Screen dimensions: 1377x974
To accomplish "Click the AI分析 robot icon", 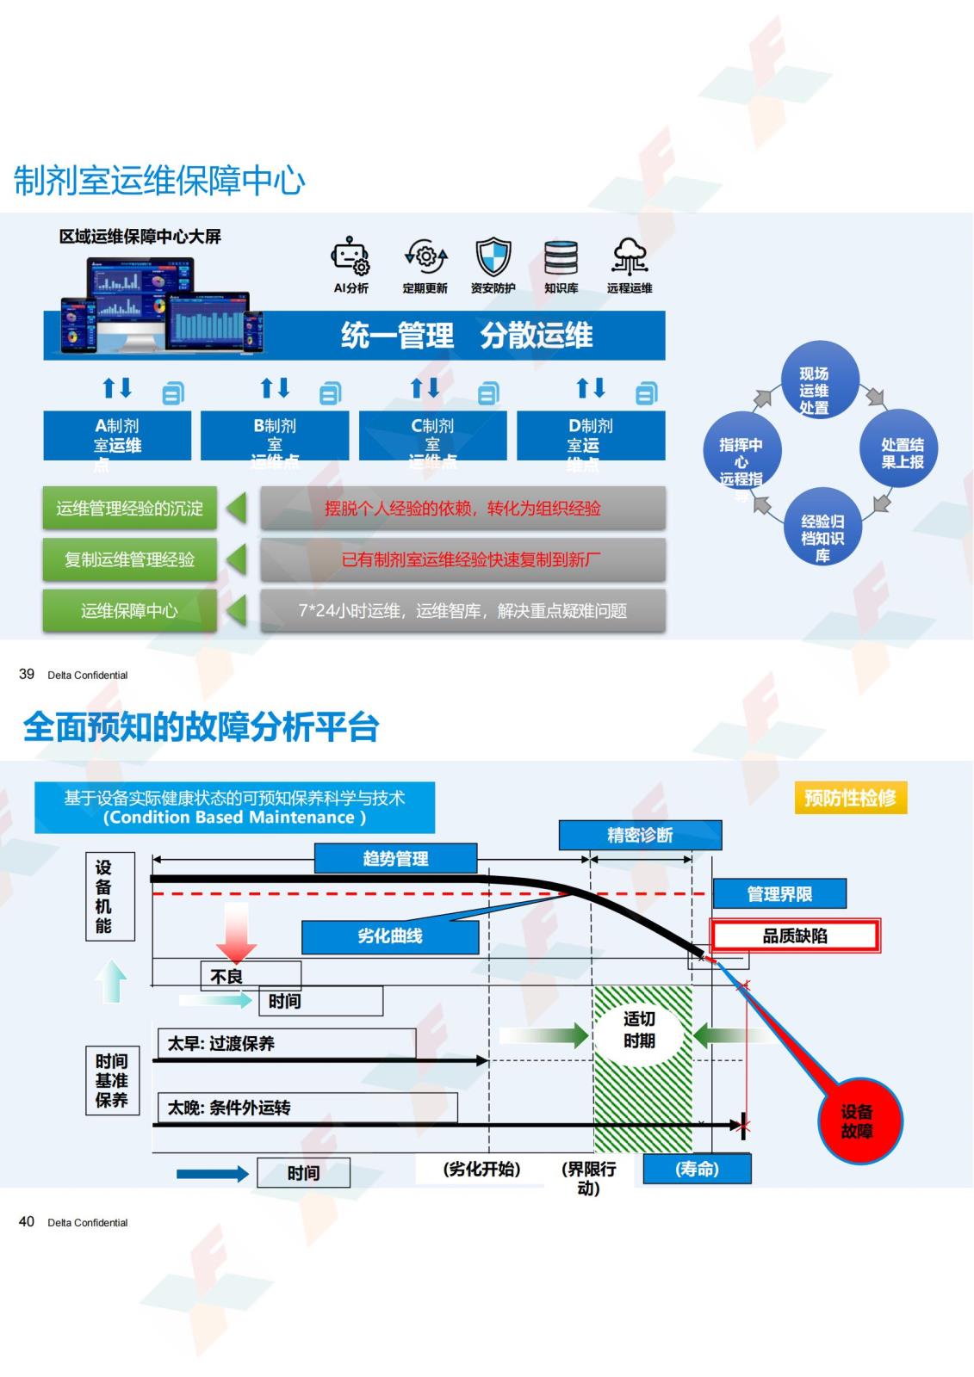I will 351,256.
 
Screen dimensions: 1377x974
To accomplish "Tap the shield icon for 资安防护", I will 493,256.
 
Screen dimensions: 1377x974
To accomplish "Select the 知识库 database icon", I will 561,256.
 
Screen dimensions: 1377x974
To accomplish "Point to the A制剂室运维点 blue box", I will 117,436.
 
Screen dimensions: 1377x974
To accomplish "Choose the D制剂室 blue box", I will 591,436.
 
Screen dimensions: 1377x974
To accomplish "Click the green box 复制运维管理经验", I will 129,559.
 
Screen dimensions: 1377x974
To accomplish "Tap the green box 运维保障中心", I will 129,610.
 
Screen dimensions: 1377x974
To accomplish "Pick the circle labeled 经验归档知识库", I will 822,527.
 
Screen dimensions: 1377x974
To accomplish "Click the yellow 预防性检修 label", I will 850,798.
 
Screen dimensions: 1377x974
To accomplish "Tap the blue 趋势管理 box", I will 395,858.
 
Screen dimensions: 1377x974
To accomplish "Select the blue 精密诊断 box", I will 640,835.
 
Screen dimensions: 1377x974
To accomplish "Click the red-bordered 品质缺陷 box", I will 795,935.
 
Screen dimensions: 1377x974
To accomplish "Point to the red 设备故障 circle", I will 857,1121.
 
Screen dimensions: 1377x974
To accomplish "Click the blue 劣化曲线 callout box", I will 390,936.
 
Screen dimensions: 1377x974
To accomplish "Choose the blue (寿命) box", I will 697,1169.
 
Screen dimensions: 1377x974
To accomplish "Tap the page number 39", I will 27,674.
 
